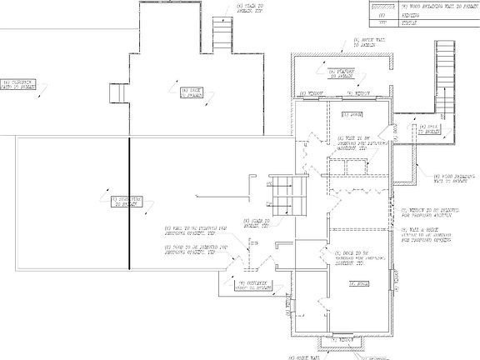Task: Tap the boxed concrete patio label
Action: point(19,83)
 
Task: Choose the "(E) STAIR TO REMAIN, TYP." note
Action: point(253,222)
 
